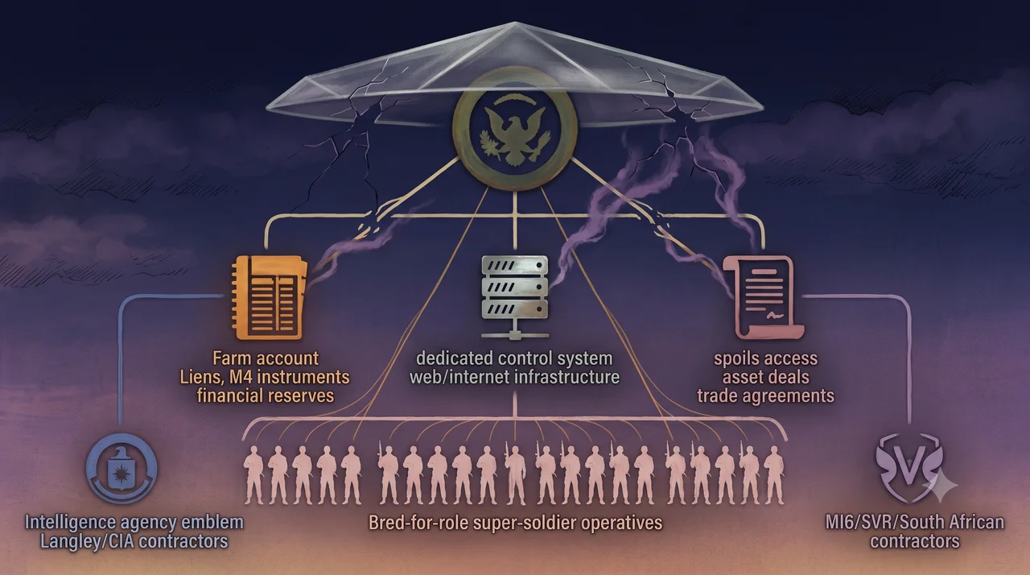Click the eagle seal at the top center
coord(515,130)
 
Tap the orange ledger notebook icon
coord(270,298)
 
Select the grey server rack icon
coord(514,297)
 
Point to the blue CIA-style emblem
coord(122,468)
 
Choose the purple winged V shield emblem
coord(909,467)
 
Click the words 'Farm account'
coord(266,358)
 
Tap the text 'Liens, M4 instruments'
coord(265,377)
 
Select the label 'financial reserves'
coord(266,395)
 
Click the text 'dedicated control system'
coord(514,358)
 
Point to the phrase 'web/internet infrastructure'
coord(514,377)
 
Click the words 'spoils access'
coord(765,359)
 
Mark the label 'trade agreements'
coord(765,395)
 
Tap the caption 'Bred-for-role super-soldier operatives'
coord(516,523)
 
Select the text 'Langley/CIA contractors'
coord(134,541)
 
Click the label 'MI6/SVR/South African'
coord(915,523)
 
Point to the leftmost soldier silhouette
coord(253,475)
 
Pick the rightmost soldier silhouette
coord(773,475)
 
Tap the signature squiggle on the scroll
coord(775,316)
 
